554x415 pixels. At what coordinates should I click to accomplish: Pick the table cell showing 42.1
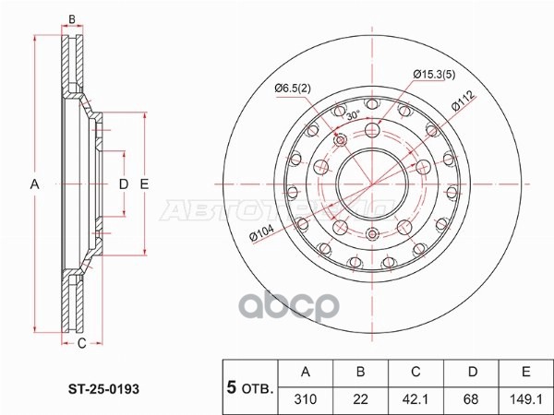point(415,398)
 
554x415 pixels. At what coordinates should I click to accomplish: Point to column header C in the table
point(415,373)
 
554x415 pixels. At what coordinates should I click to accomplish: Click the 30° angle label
point(352,116)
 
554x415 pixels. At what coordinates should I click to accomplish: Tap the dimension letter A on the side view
point(34,184)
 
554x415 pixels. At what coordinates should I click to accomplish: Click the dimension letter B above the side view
point(72,19)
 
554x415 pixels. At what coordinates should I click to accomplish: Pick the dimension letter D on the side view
point(123,184)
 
